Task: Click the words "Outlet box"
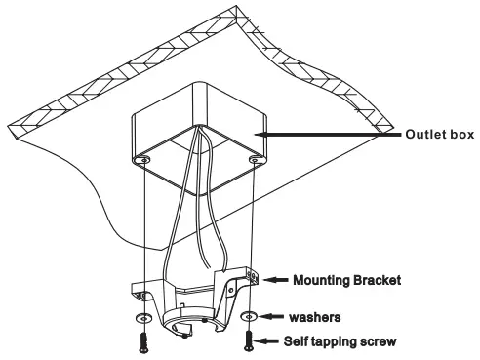point(439,135)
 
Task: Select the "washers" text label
point(314,317)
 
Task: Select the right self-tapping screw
point(251,343)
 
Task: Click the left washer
point(144,318)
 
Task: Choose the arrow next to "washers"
point(274,317)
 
